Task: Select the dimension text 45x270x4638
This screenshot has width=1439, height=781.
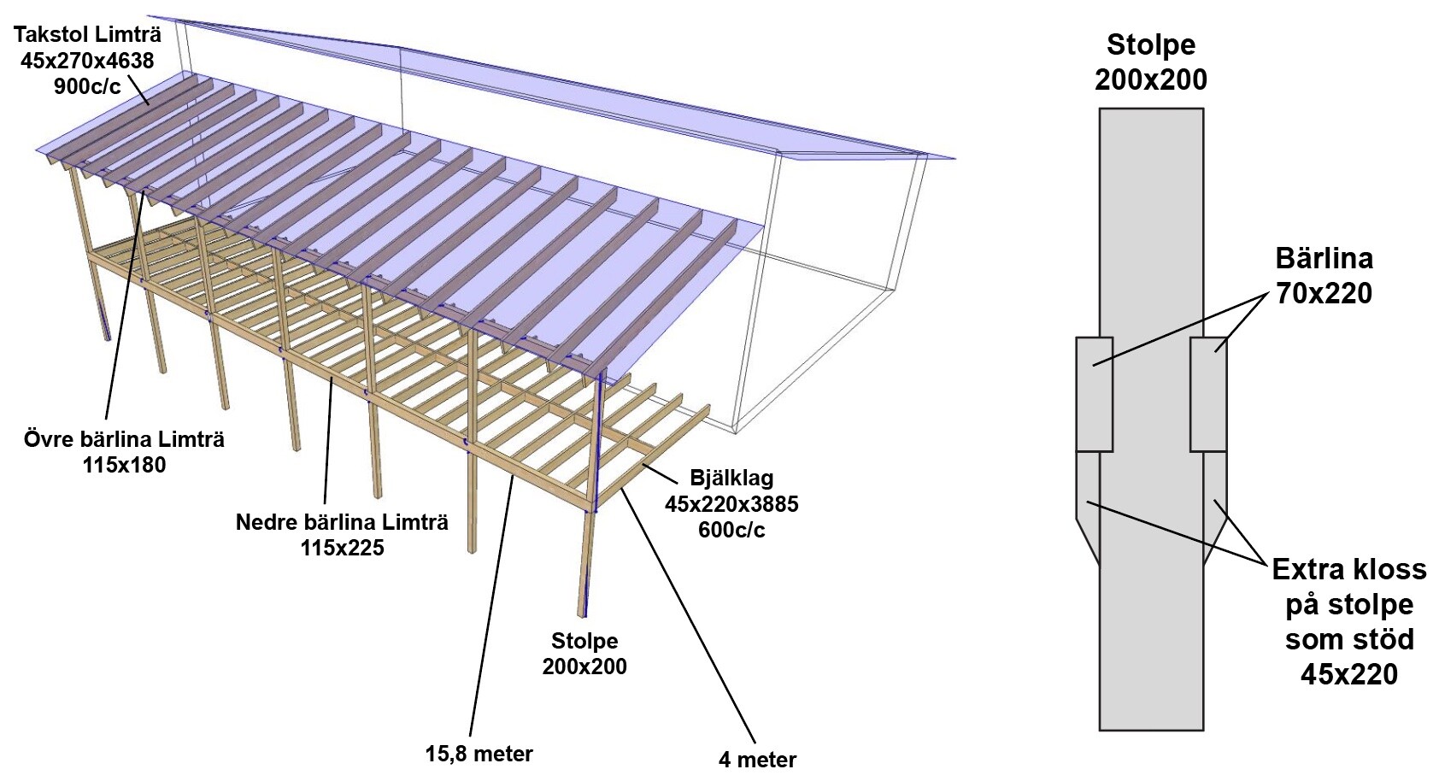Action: pos(87,61)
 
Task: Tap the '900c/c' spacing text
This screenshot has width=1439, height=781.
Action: pos(87,85)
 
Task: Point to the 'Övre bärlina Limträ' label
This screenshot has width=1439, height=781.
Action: pos(124,439)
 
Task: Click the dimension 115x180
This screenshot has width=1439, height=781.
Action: pos(124,465)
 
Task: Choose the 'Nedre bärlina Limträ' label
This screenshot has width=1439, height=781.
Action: pos(342,521)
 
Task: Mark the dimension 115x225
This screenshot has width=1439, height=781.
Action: pos(342,547)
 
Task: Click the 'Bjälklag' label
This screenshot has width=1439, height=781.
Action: pos(731,478)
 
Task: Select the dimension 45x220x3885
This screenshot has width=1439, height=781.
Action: pos(731,503)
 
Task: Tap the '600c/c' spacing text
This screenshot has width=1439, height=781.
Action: pos(731,530)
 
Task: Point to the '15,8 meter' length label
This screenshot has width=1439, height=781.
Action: pos(479,754)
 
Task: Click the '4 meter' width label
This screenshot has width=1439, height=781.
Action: pos(757,759)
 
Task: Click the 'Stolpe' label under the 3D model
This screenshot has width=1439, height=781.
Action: pos(584,641)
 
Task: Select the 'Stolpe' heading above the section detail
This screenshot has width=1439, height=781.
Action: pos(1150,44)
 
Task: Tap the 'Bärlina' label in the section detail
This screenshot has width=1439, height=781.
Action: pos(1324,258)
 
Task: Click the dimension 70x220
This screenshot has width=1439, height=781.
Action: pos(1324,293)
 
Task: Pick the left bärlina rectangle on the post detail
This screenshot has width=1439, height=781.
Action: pos(1094,394)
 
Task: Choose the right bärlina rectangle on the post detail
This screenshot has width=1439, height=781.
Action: pos(1208,394)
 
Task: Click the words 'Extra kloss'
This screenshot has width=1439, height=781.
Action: pos(1348,569)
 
